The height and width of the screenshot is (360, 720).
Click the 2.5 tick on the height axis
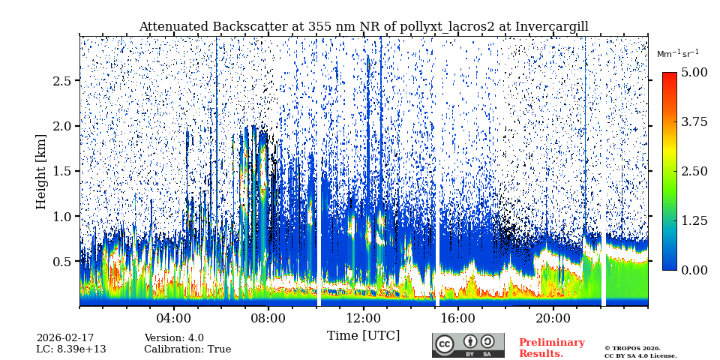(61, 81)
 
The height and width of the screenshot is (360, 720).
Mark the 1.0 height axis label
(61, 217)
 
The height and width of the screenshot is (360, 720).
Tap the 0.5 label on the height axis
(61, 262)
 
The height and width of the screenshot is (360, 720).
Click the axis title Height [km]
(41, 172)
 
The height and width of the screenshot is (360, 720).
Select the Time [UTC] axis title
(363, 335)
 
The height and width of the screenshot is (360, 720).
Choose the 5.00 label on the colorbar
(694, 73)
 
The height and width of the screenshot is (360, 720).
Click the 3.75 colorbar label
(694, 122)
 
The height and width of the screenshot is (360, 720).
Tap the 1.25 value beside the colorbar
(694, 220)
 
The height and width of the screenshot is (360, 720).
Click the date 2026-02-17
(65, 338)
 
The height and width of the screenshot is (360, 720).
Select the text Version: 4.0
(174, 338)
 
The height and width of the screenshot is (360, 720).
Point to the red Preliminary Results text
(551, 348)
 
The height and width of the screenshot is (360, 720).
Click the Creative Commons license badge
(468, 345)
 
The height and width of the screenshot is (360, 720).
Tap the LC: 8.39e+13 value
(71, 349)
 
